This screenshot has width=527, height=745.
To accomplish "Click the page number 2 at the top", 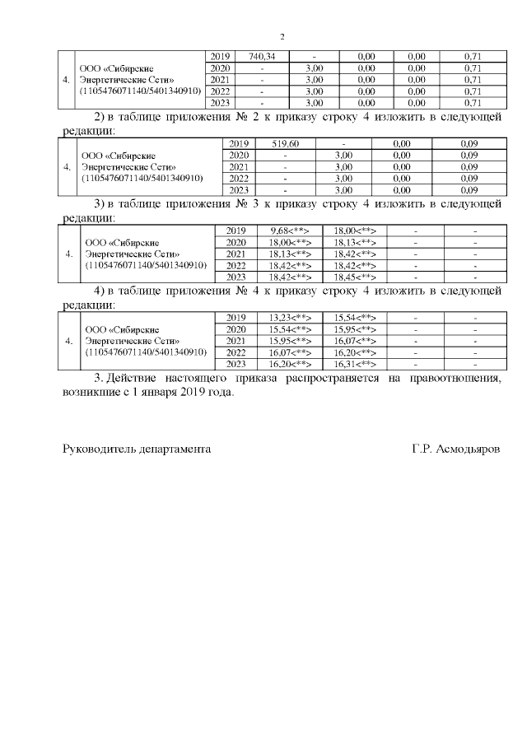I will pyautogui.click(x=282, y=36).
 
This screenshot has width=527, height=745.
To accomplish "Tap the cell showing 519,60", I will pyautogui.click(x=284, y=143).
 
